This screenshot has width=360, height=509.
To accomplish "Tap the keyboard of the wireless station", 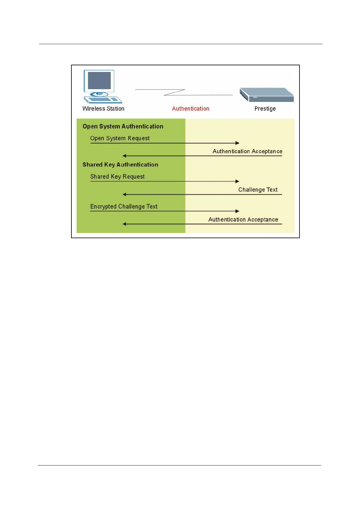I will click(103, 99).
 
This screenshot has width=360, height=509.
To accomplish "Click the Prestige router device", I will click(267, 95).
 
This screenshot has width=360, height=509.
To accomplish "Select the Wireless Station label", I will click(103, 109).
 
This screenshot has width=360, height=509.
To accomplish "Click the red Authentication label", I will click(191, 109).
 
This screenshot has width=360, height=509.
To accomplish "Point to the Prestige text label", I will click(265, 109).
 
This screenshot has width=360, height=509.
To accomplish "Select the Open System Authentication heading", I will click(123, 126).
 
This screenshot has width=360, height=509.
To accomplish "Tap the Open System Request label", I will click(120, 138).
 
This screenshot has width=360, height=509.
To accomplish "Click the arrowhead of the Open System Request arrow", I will click(237, 143).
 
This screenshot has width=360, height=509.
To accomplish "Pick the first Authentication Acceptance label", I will click(247, 151).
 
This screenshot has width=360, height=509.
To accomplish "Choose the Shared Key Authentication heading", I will click(120, 164).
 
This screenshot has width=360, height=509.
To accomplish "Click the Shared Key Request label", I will click(117, 177).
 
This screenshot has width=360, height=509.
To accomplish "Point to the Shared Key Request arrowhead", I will click(237, 181).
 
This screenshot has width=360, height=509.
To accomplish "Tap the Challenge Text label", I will click(258, 190).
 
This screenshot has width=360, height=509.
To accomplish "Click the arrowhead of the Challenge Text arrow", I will click(124, 194).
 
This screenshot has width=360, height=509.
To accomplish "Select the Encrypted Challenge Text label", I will click(124, 206).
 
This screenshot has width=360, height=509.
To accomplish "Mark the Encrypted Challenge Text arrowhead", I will click(237, 211).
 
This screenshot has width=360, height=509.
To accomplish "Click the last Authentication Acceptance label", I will click(243, 219).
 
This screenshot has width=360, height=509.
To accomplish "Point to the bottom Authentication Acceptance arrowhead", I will click(124, 224).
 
